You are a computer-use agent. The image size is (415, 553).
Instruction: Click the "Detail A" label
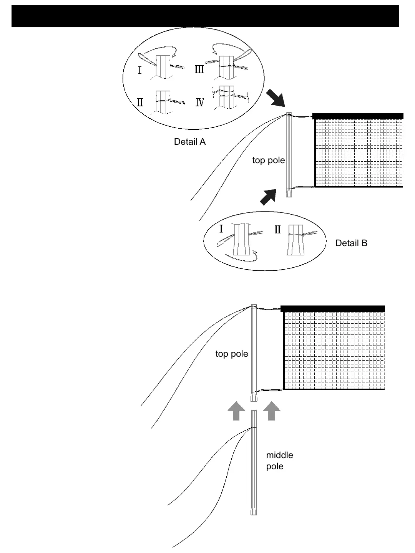pyautogui.click(x=189, y=142)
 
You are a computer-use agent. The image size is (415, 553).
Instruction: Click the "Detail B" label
pyautogui.click(x=351, y=243)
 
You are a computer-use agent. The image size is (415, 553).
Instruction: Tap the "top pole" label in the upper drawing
pyautogui.click(x=268, y=160)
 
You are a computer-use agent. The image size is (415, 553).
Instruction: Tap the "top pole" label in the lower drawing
pyautogui.click(x=231, y=354)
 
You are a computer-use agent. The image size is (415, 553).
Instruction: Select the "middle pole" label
pyautogui.click(x=279, y=460)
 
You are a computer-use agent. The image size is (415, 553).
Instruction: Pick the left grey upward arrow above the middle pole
pyautogui.click(x=236, y=411)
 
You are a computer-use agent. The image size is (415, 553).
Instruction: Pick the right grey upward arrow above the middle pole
pyautogui.click(x=272, y=411)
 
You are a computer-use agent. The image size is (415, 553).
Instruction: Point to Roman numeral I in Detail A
pyautogui.click(x=140, y=71)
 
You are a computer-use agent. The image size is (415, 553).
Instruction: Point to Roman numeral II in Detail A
pyautogui.click(x=140, y=102)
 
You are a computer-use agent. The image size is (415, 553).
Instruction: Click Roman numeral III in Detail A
pyautogui.click(x=199, y=70)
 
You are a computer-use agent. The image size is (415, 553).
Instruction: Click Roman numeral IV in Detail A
pyautogui.click(x=200, y=103)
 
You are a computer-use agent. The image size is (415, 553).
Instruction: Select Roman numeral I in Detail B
pyautogui.click(x=221, y=229)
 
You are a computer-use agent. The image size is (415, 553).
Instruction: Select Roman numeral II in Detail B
pyautogui.click(x=278, y=230)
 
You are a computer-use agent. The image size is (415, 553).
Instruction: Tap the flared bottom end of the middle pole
pyautogui.click(x=254, y=511)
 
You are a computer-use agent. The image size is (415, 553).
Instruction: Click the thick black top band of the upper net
pyautogui.click(x=358, y=116)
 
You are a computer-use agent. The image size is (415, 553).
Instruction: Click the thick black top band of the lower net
pyautogui.click(x=333, y=308)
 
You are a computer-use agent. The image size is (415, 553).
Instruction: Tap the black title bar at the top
pyautogui.click(x=205, y=16)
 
